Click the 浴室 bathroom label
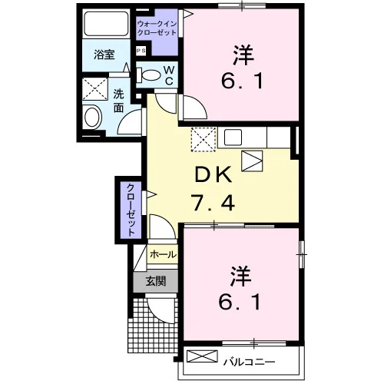coord(104,55)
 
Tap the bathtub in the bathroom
coord(106,23)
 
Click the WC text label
coord(169,75)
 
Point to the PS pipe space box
coord(141,51)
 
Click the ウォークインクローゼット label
coord(157,28)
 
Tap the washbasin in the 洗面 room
coord(92,118)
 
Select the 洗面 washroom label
coord(118,101)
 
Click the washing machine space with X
coord(94,89)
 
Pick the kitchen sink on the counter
coord(233,137)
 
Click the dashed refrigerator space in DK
coord(204,140)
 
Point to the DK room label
coord(214,174)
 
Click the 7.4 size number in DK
coord(214,202)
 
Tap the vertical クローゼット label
coord(131,210)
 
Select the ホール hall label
coord(163,254)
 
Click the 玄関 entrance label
coord(156,281)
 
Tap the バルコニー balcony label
coord(249,362)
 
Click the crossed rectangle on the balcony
coord(202,356)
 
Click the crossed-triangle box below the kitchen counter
coord(252,161)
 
